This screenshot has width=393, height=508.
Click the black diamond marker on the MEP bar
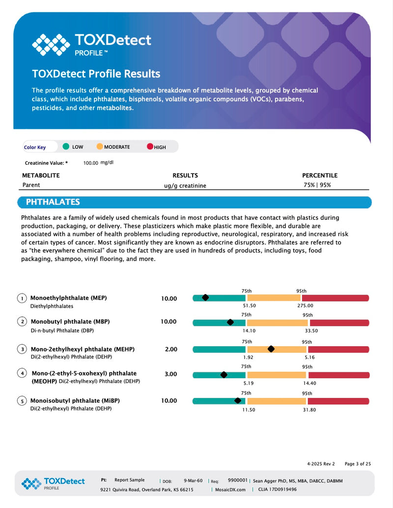(205, 298)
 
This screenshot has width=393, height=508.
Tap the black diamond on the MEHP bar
(271, 349)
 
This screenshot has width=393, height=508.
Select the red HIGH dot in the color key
(150, 147)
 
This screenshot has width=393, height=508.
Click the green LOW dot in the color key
(66, 147)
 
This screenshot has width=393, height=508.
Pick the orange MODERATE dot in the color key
(100, 147)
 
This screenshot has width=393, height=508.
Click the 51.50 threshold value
(250, 305)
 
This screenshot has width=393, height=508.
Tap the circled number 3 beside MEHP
(22, 349)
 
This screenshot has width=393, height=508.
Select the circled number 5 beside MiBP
(22, 401)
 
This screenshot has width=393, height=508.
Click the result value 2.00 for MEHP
(171, 349)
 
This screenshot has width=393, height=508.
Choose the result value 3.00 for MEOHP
(171, 374)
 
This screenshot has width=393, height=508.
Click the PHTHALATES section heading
(53, 202)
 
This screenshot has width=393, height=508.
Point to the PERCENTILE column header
(320, 176)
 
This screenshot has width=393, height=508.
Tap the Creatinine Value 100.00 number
(90, 163)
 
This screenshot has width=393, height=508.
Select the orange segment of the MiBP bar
(274, 401)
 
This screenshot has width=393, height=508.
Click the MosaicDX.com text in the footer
(230, 489)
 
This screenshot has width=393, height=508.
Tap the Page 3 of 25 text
(358, 464)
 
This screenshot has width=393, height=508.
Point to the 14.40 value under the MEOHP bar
(309, 383)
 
